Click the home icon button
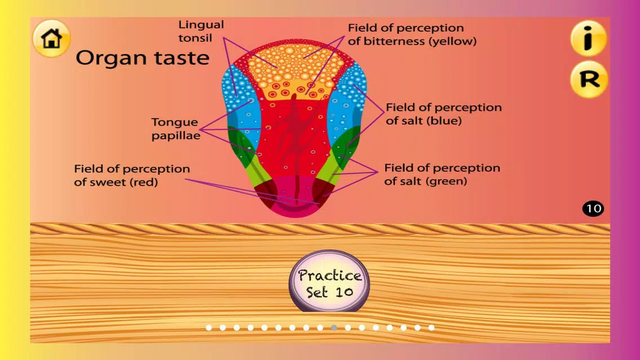coord(51,38)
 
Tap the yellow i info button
coord(588,38)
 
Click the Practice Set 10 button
coord(330,282)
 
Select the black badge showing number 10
coord(593,208)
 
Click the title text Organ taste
coord(143,57)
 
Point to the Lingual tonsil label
coord(201,31)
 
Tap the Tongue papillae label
coord(176,128)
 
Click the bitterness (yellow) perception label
coord(412,34)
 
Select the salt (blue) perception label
coord(444,114)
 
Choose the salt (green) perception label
coord(442,174)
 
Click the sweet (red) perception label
coord(132,175)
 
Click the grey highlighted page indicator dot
coord(334,327)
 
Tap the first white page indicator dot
coord(208,327)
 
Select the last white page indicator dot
coord(432,327)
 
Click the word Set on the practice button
coord(317,292)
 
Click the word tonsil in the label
coord(195,38)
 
